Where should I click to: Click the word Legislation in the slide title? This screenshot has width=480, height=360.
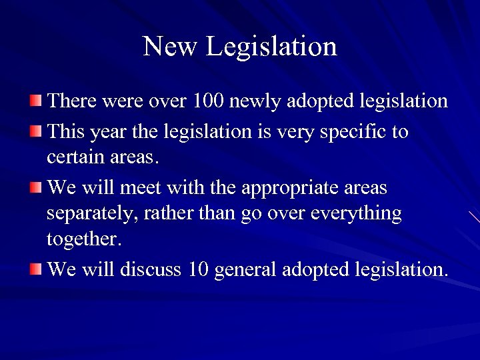point(271,47)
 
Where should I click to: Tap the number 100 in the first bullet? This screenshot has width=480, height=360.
point(209,101)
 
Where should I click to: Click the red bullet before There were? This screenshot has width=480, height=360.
point(35,101)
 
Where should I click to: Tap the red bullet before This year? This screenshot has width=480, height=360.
point(35,131)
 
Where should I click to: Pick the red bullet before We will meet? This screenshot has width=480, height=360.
point(35,188)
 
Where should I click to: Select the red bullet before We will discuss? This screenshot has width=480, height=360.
point(35,269)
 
